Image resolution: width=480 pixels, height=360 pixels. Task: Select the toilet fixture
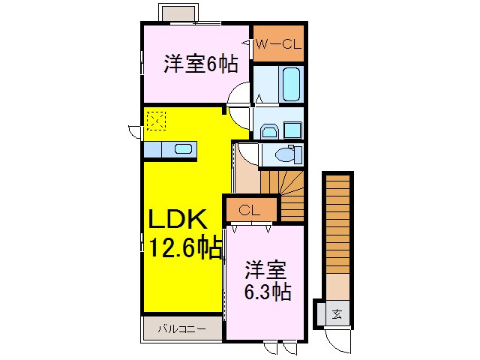click(x=285, y=155)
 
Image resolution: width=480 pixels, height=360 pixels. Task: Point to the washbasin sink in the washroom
click(x=269, y=132)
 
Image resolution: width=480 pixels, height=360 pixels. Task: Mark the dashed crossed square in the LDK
click(x=155, y=119)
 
